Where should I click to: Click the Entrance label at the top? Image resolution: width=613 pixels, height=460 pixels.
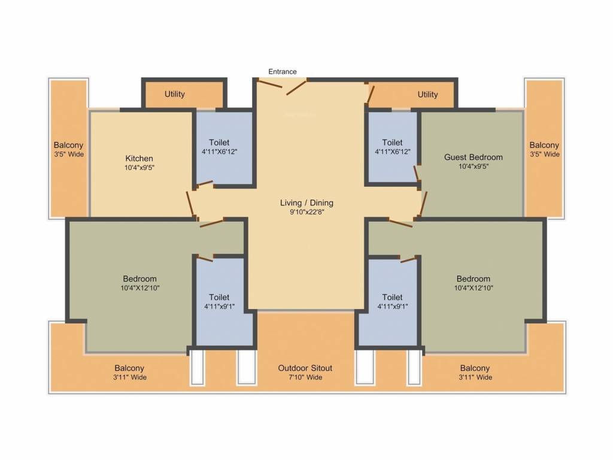[x=282, y=71]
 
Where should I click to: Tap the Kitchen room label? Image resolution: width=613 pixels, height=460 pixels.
[x=139, y=158]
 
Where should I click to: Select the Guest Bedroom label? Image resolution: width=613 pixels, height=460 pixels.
[x=473, y=157]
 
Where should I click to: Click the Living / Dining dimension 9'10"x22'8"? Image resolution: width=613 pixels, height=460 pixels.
[x=306, y=211]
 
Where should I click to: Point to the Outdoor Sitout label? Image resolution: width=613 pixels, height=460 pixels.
[x=305, y=368]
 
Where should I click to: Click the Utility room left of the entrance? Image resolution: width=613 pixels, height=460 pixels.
[x=175, y=94]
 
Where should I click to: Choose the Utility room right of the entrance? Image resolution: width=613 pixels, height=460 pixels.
[x=427, y=94]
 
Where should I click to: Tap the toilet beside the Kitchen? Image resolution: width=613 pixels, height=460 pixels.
[x=219, y=147]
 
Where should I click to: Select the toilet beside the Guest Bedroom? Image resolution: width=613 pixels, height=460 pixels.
[x=392, y=147]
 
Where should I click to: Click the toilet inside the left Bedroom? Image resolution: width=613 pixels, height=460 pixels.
[x=219, y=301]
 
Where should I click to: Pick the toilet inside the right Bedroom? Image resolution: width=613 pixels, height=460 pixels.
[x=392, y=301]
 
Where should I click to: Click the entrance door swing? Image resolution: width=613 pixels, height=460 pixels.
[x=295, y=88]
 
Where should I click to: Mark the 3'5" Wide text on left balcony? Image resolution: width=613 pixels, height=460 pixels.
[x=68, y=155]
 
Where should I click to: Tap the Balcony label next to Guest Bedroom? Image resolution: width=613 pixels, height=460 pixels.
[x=544, y=145]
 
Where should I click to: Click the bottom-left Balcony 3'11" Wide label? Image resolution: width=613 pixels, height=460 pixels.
[x=130, y=377]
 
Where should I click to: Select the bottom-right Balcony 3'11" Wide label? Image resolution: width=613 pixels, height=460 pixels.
[x=475, y=377]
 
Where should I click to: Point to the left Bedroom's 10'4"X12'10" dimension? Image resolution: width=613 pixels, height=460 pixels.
[x=139, y=287]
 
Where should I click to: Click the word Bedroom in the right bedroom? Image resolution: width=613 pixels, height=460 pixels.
[x=473, y=279]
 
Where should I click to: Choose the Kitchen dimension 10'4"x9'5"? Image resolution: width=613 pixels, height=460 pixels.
[x=139, y=168]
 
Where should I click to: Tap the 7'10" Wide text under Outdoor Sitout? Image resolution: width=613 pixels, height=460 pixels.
[x=305, y=377]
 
